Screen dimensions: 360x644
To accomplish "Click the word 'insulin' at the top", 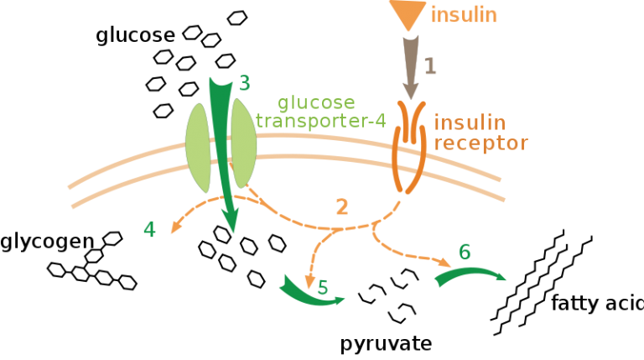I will [464, 14].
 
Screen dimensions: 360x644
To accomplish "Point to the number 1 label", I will [430, 66].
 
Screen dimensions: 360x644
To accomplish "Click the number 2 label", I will [341, 207].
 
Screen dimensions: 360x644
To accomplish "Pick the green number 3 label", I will [244, 83].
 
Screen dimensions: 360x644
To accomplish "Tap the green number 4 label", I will [149, 229].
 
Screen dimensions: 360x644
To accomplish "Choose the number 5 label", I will [323, 288].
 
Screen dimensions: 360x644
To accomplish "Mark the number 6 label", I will [465, 253].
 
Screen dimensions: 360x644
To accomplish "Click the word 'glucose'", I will [316, 103].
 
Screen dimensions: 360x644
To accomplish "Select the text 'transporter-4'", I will [320, 121].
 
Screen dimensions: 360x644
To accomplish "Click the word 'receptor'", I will [480, 143].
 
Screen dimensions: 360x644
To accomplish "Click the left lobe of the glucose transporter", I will [199, 146].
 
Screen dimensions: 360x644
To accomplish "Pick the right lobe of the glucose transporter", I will [242, 144].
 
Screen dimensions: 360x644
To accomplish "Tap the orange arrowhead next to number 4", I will [174, 227].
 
